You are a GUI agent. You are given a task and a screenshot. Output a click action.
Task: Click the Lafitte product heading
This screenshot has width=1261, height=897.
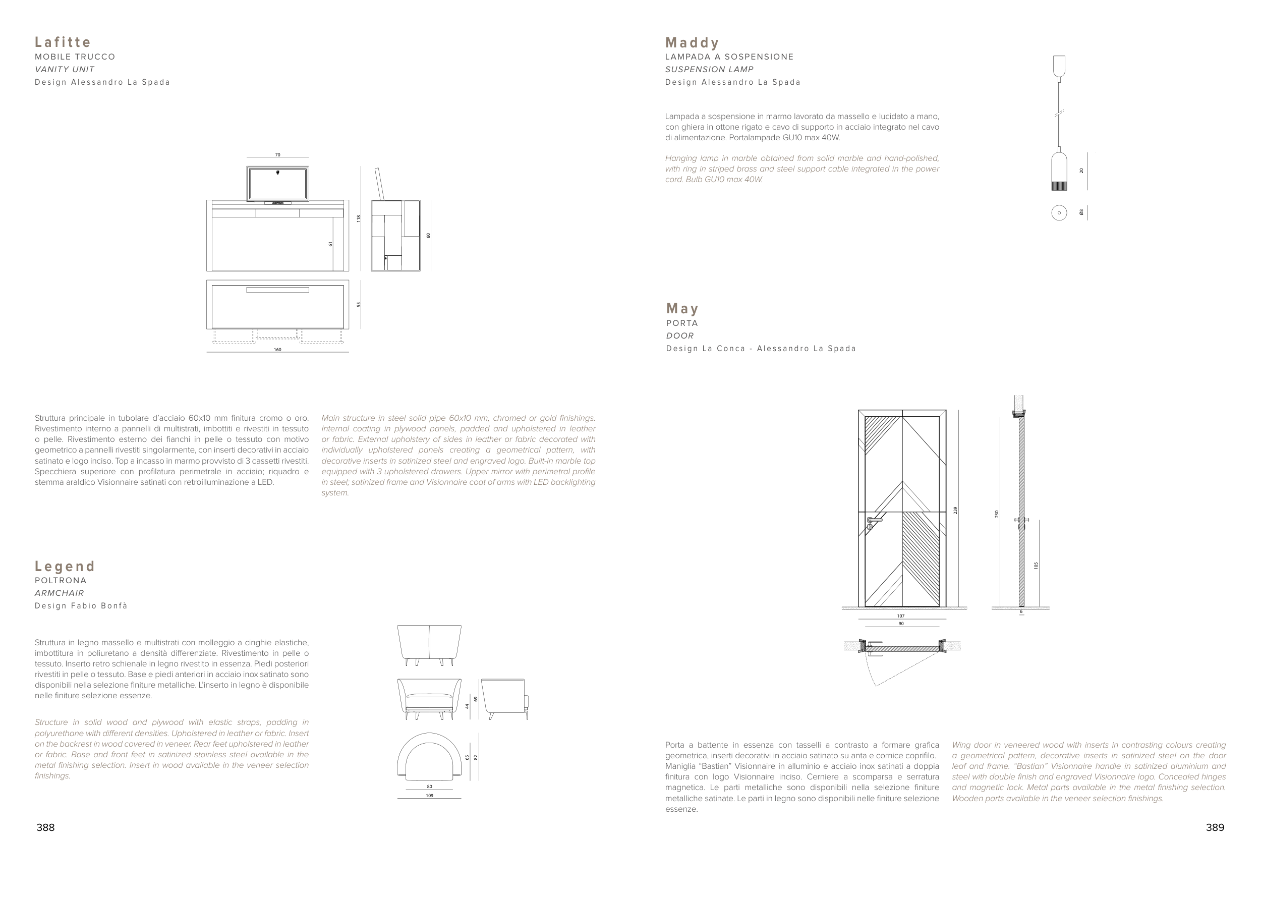63,42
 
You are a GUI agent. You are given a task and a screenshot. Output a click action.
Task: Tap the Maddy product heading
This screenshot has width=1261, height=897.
693,42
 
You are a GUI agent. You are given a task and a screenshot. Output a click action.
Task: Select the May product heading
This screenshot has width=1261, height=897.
682,308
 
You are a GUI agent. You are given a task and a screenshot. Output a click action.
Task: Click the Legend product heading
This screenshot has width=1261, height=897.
65,566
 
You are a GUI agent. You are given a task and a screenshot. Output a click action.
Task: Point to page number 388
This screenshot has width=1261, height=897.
45,827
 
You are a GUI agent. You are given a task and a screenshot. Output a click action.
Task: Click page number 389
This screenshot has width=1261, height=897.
1215,827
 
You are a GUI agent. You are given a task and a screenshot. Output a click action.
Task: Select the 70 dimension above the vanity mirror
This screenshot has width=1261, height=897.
278,155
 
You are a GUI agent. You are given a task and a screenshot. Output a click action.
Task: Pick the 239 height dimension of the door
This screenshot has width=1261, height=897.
955,511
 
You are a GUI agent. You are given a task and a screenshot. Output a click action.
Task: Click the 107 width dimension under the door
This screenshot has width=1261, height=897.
900,616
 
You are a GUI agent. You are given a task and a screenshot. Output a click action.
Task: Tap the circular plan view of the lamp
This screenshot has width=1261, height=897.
1059,213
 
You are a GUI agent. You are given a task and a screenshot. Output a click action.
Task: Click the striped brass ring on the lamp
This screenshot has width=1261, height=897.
1059,186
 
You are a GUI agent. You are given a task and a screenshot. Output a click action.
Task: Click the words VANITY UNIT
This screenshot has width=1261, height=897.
65,70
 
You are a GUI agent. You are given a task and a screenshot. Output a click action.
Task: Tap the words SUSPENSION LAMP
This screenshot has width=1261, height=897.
709,70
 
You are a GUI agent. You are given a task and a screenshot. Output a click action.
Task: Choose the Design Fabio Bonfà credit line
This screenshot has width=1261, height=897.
81,606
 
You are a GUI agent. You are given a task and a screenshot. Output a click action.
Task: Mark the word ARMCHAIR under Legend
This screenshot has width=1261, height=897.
59,593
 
